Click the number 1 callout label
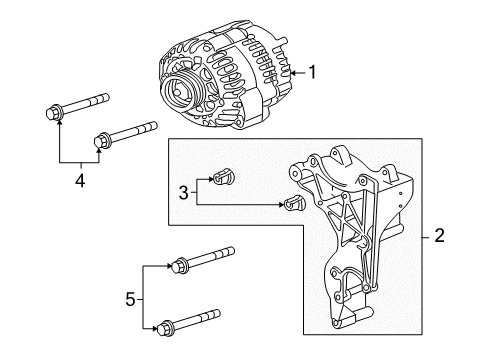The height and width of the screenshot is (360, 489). (x=311, y=72)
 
